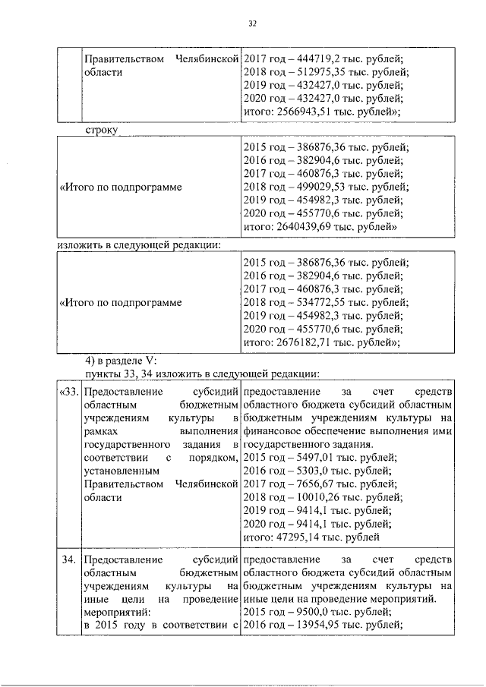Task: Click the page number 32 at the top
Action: [x=254, y=24]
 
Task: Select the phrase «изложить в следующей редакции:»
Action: [x=140, y=245]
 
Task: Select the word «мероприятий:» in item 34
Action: [x=117, y=611]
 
